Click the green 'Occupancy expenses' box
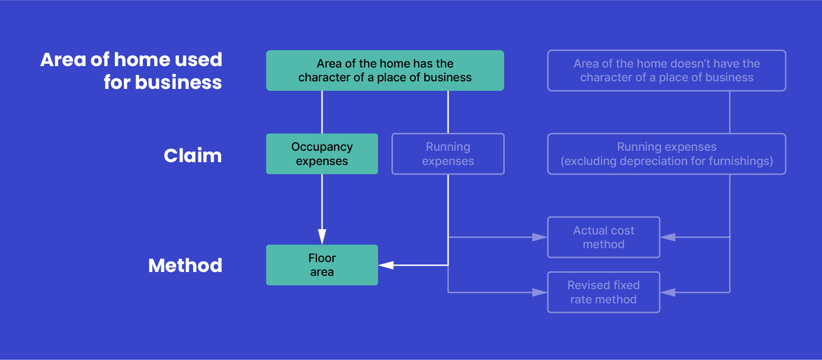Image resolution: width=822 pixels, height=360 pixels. tap(322, 154)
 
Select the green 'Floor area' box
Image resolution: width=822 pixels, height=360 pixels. tap(322, 265)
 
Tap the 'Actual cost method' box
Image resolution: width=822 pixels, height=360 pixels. tap(603, 237)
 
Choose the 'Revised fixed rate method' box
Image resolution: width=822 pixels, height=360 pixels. tap(603, 292)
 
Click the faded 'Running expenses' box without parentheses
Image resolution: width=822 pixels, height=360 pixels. tap(448, 154)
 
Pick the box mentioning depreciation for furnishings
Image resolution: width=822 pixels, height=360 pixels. tap(666, 154)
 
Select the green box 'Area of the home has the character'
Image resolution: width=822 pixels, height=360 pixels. tap(385, 70)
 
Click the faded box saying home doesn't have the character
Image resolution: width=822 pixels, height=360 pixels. tap(666, 70)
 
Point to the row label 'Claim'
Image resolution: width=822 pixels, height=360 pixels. tap(193, 156)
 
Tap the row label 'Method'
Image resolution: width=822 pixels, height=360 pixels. tap(185, 265)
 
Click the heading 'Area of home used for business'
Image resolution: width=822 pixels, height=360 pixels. tap(131, 71)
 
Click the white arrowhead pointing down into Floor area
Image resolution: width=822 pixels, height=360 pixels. tap(322, 236)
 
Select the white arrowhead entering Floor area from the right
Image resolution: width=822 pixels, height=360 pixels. tap(386, 265)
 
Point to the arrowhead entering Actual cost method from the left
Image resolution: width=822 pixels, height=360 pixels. tap(539, 237)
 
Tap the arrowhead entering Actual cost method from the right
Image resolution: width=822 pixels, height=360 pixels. tap(668, 237)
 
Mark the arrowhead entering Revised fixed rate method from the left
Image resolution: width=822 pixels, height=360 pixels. tap(539, 292)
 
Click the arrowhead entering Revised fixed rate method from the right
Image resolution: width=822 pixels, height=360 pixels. tap(668, 292)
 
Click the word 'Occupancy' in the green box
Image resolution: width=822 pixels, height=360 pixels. tap(322, 147)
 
